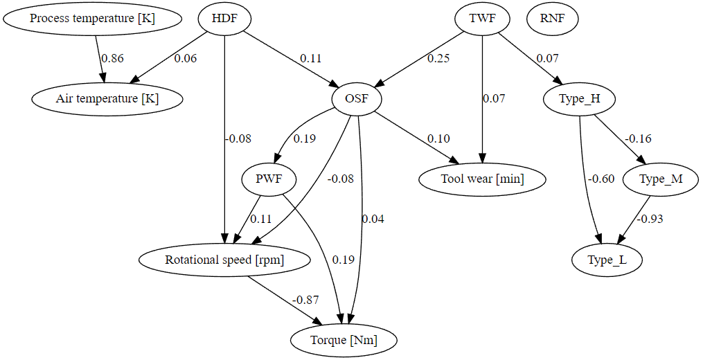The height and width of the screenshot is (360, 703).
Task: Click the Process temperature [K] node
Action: (92, 19)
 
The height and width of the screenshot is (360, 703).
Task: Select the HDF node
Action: (225, 19)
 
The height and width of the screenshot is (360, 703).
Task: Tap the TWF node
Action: (482, 19)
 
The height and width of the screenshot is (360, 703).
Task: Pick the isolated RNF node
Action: (552, 19)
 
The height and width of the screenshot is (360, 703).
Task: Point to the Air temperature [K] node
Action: (107, 99)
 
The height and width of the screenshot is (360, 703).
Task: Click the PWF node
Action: (269, 180)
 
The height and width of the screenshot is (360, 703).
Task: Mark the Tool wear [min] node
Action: (483, 180)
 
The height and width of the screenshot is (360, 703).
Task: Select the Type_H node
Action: (580, 99)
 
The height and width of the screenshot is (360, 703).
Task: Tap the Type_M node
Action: (661, 180)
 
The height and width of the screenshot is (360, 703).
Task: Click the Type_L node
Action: (607, 260)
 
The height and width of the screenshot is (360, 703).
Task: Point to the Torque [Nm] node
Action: (344, 341)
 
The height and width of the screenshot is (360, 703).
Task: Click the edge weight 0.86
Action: (112, 59)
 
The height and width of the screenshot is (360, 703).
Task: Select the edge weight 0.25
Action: (438, 59)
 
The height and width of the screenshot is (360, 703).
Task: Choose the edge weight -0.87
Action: (305, 300)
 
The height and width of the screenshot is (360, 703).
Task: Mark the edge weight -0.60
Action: (600, 179)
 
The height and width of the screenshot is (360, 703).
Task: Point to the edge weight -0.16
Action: (638, 139)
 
